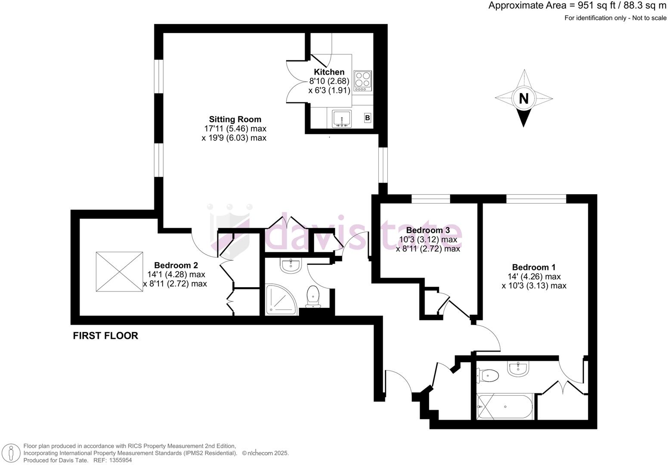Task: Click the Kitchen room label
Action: pos(329,72)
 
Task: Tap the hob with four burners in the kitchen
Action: pos(362,81)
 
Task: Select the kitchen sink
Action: pos(342,118)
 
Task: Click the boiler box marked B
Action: pos(368,118)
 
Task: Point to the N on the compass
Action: pos(523,99)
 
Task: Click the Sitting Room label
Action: pos(235,119)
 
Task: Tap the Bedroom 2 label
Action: pos(176,265)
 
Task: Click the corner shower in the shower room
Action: pos(281,298)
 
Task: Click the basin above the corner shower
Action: pos(291,266)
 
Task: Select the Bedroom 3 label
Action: pos(428,230)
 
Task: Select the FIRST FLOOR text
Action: pos(105,336)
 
